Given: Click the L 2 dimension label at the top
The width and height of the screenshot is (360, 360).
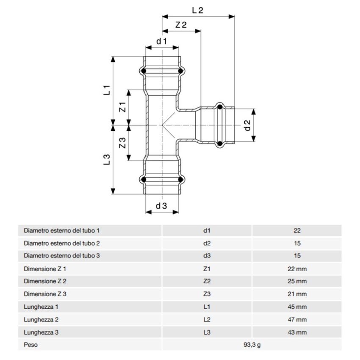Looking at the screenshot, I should coord(197,10).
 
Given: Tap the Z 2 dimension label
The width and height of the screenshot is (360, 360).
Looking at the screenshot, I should coord(181,25).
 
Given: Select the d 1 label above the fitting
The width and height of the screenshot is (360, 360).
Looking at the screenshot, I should coord(162,41).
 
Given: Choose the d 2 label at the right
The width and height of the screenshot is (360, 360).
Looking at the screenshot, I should coord(248,125).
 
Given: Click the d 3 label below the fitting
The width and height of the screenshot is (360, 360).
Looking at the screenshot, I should coord(161,206).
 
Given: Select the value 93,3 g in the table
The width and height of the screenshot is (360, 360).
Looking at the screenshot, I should coord(252,345).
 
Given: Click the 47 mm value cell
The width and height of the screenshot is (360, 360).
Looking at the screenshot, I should coord(297,320).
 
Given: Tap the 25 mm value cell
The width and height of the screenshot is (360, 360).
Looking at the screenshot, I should coord(297,282).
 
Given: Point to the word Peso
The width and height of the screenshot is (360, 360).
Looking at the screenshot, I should coord(30,345).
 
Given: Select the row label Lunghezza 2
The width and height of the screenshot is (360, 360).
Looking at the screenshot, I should coord(41,320).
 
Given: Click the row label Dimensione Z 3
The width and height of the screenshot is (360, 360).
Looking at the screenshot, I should coord(45,294).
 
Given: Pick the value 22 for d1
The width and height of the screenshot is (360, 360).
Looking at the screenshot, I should coord(297,231).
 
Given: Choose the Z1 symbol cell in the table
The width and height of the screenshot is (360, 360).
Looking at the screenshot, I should coord(207,269).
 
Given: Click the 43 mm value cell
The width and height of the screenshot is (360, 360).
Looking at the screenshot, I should coord(297,332).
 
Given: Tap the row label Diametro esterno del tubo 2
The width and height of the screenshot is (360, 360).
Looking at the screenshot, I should coord(62,244).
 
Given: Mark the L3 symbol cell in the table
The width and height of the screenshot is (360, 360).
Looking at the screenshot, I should coord(207,332).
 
